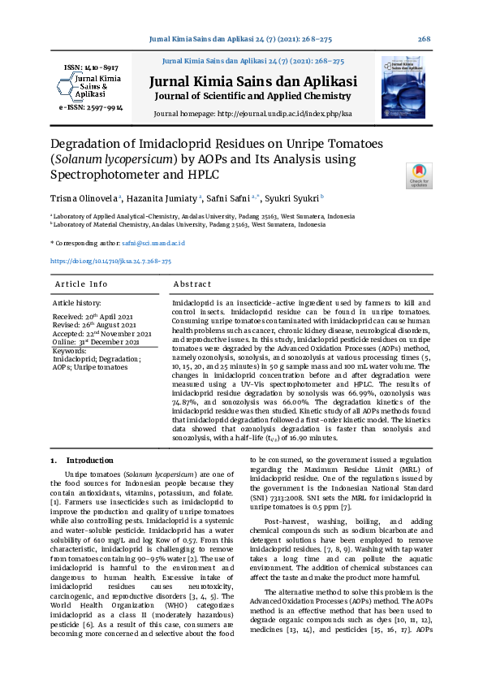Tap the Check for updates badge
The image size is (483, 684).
tap(418, 175)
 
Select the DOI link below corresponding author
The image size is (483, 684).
tap(110, 262)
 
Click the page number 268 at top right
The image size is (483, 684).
tap(424, 39)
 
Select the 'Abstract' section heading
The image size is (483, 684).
tap(192, 284)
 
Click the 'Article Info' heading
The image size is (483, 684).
tap(81, 284)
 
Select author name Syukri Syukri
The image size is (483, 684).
tap(295, 197)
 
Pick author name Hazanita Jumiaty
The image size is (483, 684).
tap(162, 197)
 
